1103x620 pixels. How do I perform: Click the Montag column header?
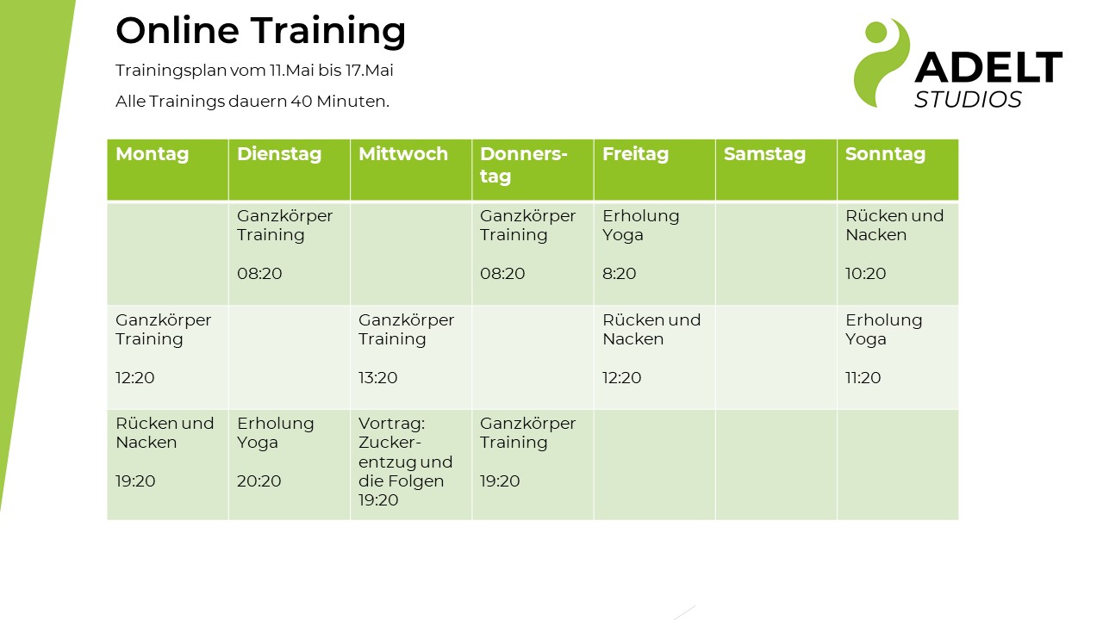(x=153, y=154)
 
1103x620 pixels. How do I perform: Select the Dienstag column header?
(x=279, y=154)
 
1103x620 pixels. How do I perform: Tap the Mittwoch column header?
(x=403, y=154)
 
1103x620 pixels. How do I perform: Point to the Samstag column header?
(x=764, y=154)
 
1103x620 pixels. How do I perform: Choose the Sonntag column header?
(x=885, y=154)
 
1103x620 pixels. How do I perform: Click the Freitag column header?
(x=636, y=154)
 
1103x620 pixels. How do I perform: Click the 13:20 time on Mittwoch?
(x=377, y=377)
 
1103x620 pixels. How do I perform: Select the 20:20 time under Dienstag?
(x=259, y=480)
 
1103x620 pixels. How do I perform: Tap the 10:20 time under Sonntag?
(x=866, y=273)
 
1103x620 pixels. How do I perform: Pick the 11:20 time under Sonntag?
(x=863, y=377)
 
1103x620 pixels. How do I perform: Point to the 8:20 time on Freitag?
(x=620, y=273)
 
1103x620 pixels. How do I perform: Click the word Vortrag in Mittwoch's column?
(x=392, y=424)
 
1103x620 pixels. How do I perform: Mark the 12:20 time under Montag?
(x=135, y=377)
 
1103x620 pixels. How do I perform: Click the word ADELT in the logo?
(x=988, y=67)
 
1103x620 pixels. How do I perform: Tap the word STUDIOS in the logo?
(x=968, y=100)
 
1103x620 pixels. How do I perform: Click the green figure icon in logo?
(x=882, y=63)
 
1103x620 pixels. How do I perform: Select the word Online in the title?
(x=178, y=30)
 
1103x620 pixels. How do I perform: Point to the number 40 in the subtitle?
(x=302, y=102)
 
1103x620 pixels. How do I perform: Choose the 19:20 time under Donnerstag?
(x=500, y=480)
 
